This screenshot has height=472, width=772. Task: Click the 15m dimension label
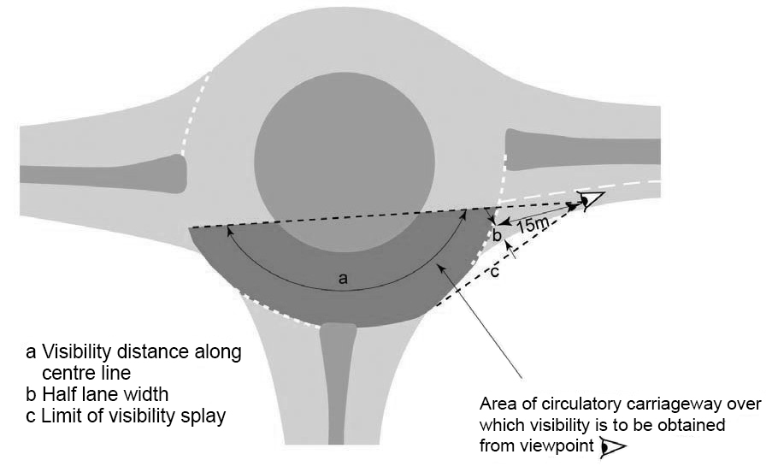coord(533,223)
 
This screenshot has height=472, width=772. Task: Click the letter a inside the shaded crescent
coord(343,279)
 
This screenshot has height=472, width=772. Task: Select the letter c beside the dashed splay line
coord(495,273)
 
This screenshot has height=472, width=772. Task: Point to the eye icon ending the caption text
coord(613,445)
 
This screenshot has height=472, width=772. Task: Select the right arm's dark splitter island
coord(581,148)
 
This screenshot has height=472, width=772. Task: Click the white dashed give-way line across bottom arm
coord(282,313)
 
